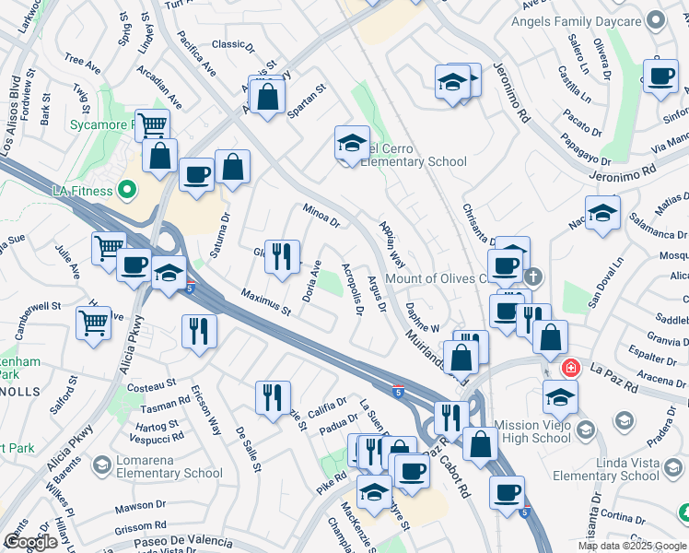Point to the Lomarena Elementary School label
[x=165, y=473]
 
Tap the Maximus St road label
[x=265, y=303]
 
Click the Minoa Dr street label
[x=321, y=217]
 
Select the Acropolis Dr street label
[x=350, y=287]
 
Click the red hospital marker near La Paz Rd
[x=572, y=368]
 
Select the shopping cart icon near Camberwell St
[x=94, y=323]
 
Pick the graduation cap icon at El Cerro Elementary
[x=352, y=143]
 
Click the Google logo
[x=30, y=542]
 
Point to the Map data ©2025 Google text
[x=631, y=546]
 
